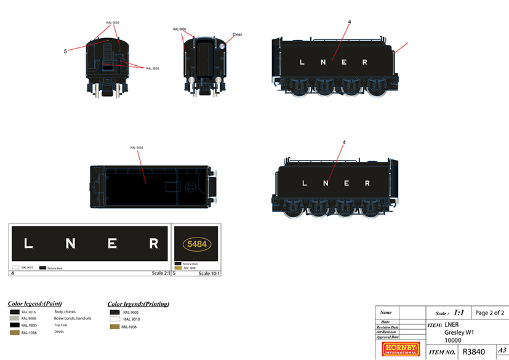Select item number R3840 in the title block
tap(473, 352)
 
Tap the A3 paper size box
tap(501, 350)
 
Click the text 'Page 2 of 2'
tap(490, 313)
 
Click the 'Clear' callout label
tap(237, 34)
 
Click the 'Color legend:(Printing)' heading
tap(138, 303)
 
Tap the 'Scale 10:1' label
tap(209, 273)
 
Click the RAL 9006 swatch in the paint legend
tap(14, 319)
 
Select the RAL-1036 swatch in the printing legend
tap(114, 327)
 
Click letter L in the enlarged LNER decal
tap(28, 244)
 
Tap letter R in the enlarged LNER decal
tap(154, 244)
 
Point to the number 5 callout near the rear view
tap(65, 52)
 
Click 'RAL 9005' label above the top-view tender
tap(137, 148)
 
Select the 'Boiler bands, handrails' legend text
tap(73, 319)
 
